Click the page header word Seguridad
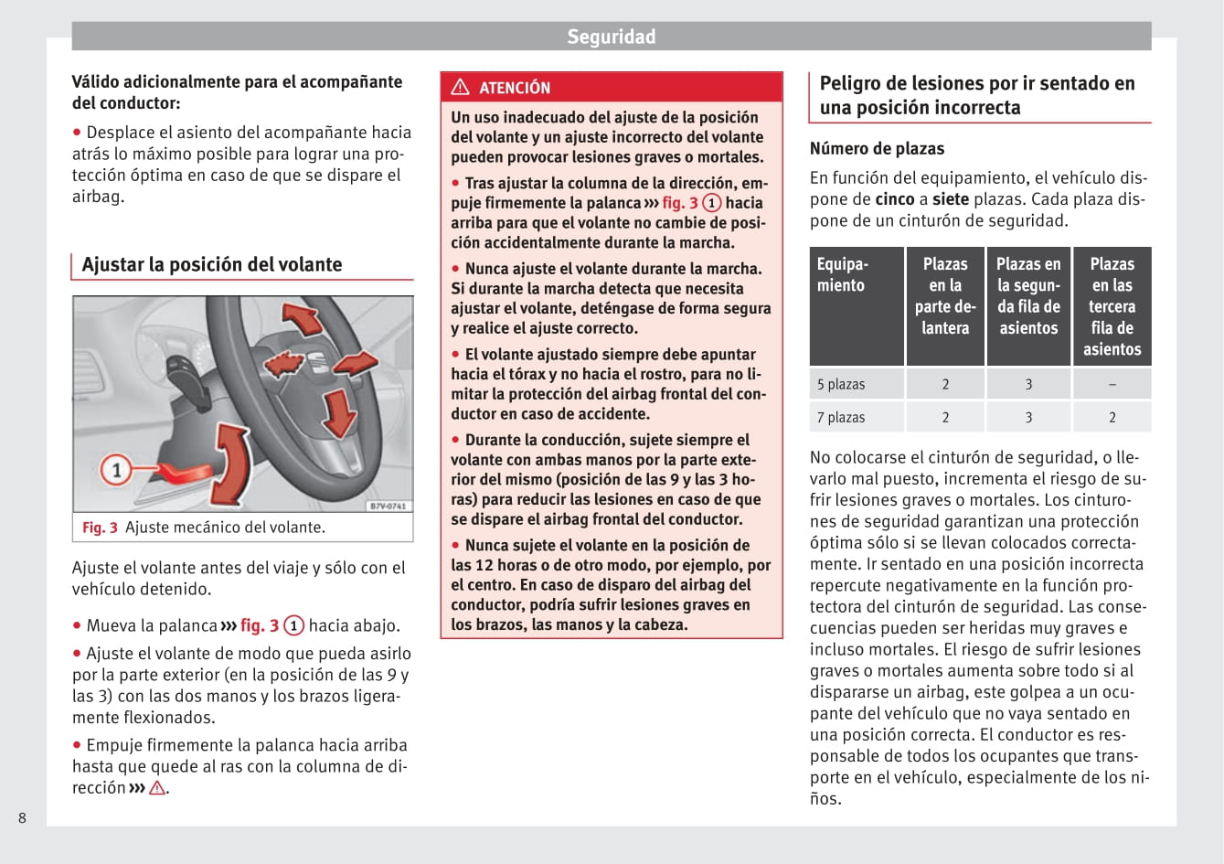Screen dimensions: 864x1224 (x=611, y=37)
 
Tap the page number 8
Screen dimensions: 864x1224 (x=23, y=817)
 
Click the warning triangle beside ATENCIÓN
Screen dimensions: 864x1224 (x=461, y=87)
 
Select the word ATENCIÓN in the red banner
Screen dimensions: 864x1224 (x=515, y=88)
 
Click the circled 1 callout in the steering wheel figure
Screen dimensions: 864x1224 (x=116, y=471)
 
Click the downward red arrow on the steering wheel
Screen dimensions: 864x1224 (x=340, y=412)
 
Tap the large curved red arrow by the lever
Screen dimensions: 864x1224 (x=230, y=463)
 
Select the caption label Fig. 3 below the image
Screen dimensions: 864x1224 (x=100, y=528)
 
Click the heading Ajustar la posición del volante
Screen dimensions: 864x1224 (x=212, y=264)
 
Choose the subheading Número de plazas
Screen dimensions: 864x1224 (x=877, y=148)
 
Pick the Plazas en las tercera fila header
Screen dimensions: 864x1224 (x=1112, y=306)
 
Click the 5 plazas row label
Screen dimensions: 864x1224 (x=841, y=384)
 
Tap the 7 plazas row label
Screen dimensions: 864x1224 (x=841, y=417)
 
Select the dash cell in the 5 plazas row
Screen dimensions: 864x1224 (x=1112, y=384)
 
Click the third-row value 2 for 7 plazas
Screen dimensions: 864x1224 (x=1112, y=417)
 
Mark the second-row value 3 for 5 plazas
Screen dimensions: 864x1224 (x=1028, y=384)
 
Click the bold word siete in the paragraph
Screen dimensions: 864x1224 (x=951, y=199)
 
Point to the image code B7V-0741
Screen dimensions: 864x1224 (x=388, y=506)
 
